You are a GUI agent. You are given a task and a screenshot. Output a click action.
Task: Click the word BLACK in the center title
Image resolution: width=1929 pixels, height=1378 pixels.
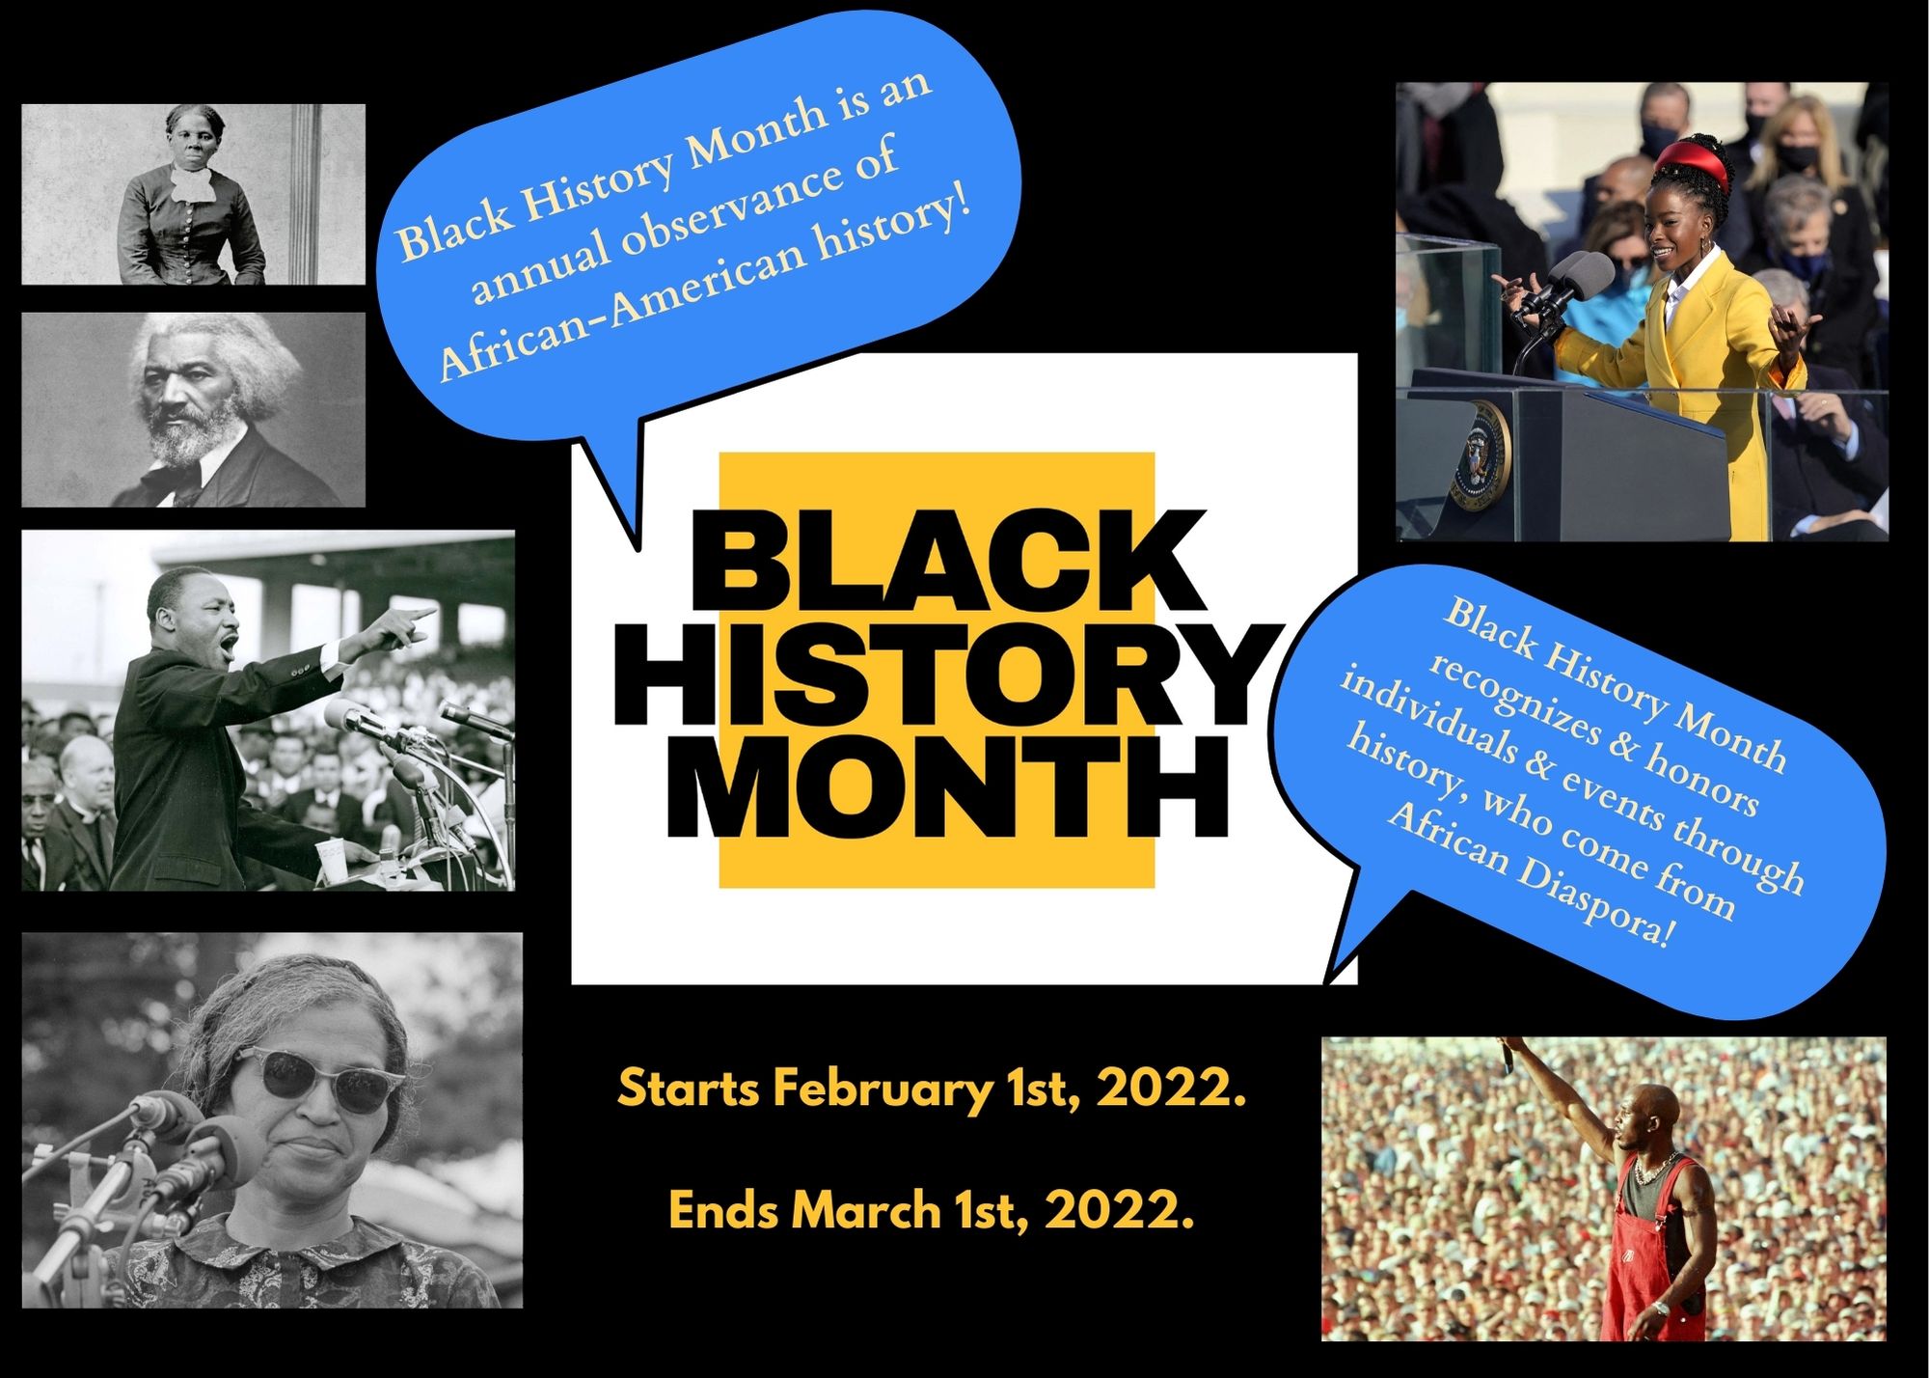[950, 562]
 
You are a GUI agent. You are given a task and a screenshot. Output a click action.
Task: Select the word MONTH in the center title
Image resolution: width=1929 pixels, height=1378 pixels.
[948, 785]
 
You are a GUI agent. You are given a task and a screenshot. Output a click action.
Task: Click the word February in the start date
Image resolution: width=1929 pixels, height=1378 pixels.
[883, 1090]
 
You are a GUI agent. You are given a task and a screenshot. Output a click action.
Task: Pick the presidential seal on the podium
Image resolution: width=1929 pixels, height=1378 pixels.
[1475, 451]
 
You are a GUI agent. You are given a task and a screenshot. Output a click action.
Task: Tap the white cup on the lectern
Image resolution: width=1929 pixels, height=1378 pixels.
[331, 860]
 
